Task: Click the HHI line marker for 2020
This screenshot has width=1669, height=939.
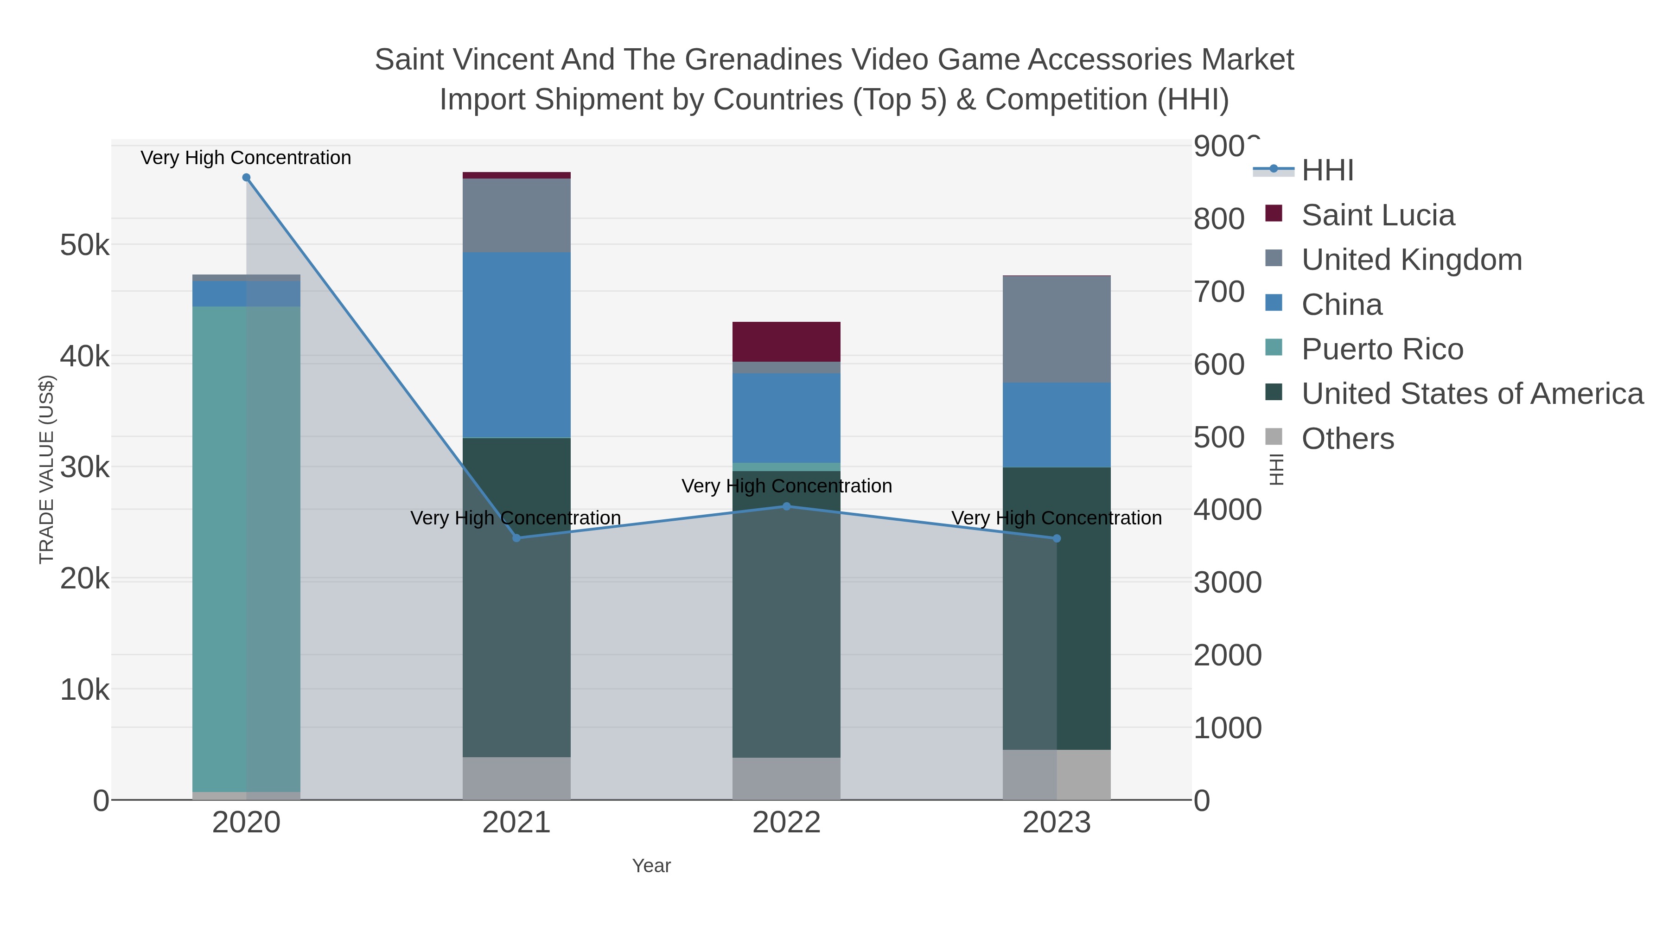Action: pos(246,178)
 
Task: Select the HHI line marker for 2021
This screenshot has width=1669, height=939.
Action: pos(516,538)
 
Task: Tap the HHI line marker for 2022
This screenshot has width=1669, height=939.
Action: pos(787,506)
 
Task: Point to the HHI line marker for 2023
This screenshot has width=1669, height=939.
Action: pos(1057,538)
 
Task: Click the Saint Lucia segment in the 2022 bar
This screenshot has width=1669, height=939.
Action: pos(787,341)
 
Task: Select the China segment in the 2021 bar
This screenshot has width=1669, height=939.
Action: pos(516,345)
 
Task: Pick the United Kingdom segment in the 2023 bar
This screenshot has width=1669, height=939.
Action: pos(1057,329)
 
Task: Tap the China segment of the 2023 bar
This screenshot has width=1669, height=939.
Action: pos(1057,424)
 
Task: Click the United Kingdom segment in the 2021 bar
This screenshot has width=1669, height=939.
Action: pos(516,215)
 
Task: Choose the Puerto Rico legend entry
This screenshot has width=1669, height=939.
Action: pos(1382,349)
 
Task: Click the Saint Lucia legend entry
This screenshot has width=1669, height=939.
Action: pos(1377,215)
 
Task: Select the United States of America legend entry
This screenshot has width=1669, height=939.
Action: pos(1472,394)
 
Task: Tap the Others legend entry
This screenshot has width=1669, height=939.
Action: pos(1348,439)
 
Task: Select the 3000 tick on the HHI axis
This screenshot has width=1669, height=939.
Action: pos(1227,582)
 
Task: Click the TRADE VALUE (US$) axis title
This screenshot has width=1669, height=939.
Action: pos(47,469)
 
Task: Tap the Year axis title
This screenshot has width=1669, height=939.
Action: pos(651,866)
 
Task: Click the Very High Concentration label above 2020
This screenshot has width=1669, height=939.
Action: pos(246,158)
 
